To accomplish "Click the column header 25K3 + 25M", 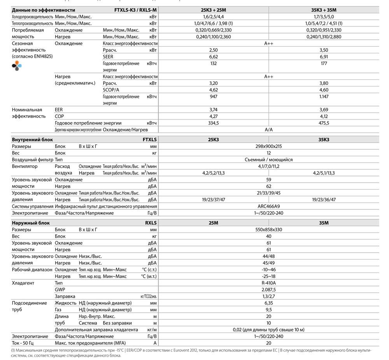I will coord(213,10).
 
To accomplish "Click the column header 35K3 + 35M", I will coord(324,10).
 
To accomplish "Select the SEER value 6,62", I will coord(213,57).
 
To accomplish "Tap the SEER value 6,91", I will coord(324,57).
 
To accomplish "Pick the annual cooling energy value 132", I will coord(213,63).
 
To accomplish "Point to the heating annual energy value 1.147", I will coord(324,97).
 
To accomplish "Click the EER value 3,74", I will coord(213,110).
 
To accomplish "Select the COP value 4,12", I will coord(324,116).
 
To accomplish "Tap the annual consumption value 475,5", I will coord(324,123).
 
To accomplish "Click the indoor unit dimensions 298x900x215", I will coord(268,146).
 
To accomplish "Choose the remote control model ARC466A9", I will coord(268,206).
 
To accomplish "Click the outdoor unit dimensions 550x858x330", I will coord(268,230).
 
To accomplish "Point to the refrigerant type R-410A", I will coord(268,283).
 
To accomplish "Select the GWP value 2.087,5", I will coord(268,290).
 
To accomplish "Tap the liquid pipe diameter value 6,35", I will coord(268,303).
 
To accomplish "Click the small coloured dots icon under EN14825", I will coord(16,66).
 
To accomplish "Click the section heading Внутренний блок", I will coord(33,139).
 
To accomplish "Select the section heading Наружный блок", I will coord(31,223).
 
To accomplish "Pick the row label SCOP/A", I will coord(111,90).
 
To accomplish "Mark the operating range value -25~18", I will coord(268,276).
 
